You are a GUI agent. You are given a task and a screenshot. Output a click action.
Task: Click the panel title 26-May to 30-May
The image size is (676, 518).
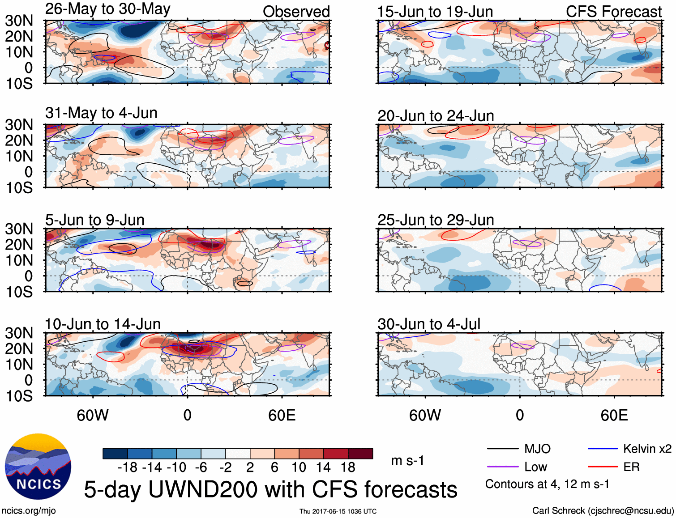108,9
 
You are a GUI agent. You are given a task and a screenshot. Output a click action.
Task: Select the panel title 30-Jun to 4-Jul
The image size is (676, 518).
429,324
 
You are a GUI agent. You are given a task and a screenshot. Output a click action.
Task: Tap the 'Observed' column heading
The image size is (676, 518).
296,12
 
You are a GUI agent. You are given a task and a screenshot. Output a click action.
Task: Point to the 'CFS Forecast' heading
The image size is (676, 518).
613,12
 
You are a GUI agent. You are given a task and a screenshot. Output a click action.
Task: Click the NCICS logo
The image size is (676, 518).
38,467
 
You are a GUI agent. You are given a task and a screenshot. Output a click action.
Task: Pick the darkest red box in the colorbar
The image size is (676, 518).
360,454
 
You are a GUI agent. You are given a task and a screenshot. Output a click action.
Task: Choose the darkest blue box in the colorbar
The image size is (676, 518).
115,454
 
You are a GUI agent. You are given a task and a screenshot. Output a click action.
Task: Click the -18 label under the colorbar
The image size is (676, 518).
127,467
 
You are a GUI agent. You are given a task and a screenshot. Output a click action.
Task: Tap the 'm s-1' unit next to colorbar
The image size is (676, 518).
407,461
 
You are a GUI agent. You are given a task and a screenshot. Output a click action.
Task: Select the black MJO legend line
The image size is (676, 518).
502,449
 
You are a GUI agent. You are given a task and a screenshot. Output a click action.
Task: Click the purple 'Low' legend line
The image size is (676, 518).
502,467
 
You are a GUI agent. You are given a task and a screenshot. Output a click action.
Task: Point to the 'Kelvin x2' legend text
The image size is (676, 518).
647,449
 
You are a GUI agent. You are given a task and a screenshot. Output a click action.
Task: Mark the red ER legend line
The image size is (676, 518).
603,467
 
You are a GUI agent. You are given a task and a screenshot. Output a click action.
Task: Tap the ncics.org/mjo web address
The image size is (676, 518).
29,511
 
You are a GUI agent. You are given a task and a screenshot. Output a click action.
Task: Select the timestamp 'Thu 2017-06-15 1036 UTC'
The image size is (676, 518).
338,511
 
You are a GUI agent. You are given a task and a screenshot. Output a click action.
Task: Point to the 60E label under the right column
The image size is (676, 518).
614,416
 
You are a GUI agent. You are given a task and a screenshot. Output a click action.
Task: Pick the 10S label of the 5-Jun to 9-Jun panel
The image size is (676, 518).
19,292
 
